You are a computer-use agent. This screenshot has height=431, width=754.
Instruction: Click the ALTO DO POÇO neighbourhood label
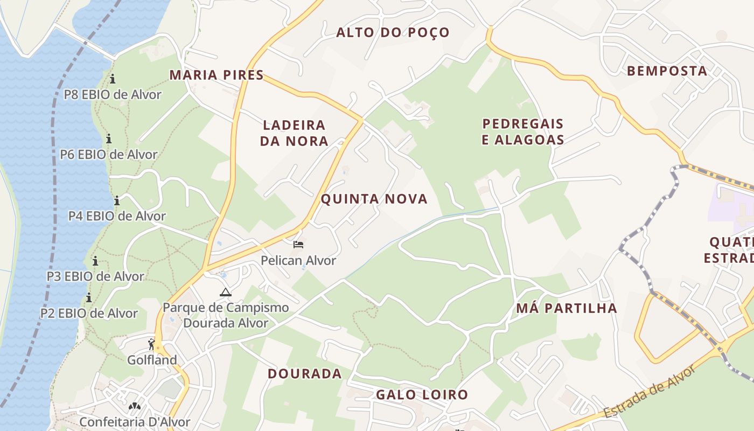pyautogui.click(x=393, y=32)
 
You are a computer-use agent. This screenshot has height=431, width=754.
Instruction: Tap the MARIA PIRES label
pyautogui.click(x=217, y=75)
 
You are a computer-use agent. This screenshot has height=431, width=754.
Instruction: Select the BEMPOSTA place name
pyautogui.click(x=667, y=71)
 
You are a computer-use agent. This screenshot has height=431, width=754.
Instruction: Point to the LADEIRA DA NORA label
pyautogui.click(x=294, y=133)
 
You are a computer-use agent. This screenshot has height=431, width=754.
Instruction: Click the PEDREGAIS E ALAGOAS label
pyautogui.click(x=522, y=131)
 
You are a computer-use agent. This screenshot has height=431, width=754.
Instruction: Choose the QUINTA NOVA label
pyautogui.click(x=374, y=199)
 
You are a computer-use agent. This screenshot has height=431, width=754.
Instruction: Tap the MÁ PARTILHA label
pyautogui.click(x=567, y=308)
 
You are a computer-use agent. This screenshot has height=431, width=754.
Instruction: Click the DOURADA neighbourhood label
pyautogui.click(x=305, y=373)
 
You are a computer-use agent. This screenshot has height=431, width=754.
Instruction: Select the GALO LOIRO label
pyautogui.click(x=422, y=394)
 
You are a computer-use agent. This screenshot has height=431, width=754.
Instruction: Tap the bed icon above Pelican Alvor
pyautogui.click(x=298, y=245)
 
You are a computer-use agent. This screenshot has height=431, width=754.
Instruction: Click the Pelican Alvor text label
pyautogui.click(x=298, y=260)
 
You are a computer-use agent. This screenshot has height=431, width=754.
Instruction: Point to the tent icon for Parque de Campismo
pyautogui.click(x=225, y=293)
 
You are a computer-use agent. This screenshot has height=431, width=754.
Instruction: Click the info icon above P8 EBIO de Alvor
pyautogui.click(x=113, y=79)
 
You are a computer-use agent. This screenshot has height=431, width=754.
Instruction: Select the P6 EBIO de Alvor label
pyautogui.click(x=109, y=155)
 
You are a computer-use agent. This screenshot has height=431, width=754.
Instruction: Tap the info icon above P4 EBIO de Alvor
pyautogui.click(x=117, y=201)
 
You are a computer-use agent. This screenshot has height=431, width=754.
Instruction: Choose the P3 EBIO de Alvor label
pyautogui.click(x=95, y=276)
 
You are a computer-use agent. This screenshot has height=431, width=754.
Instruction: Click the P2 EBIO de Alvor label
pyautogui.click(x=89, y=313)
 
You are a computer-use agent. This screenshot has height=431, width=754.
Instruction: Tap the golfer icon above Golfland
pyautogui.click(x=151, y=344)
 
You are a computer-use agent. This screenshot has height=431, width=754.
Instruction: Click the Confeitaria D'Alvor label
pyautogui.click(x=135, y=421)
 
